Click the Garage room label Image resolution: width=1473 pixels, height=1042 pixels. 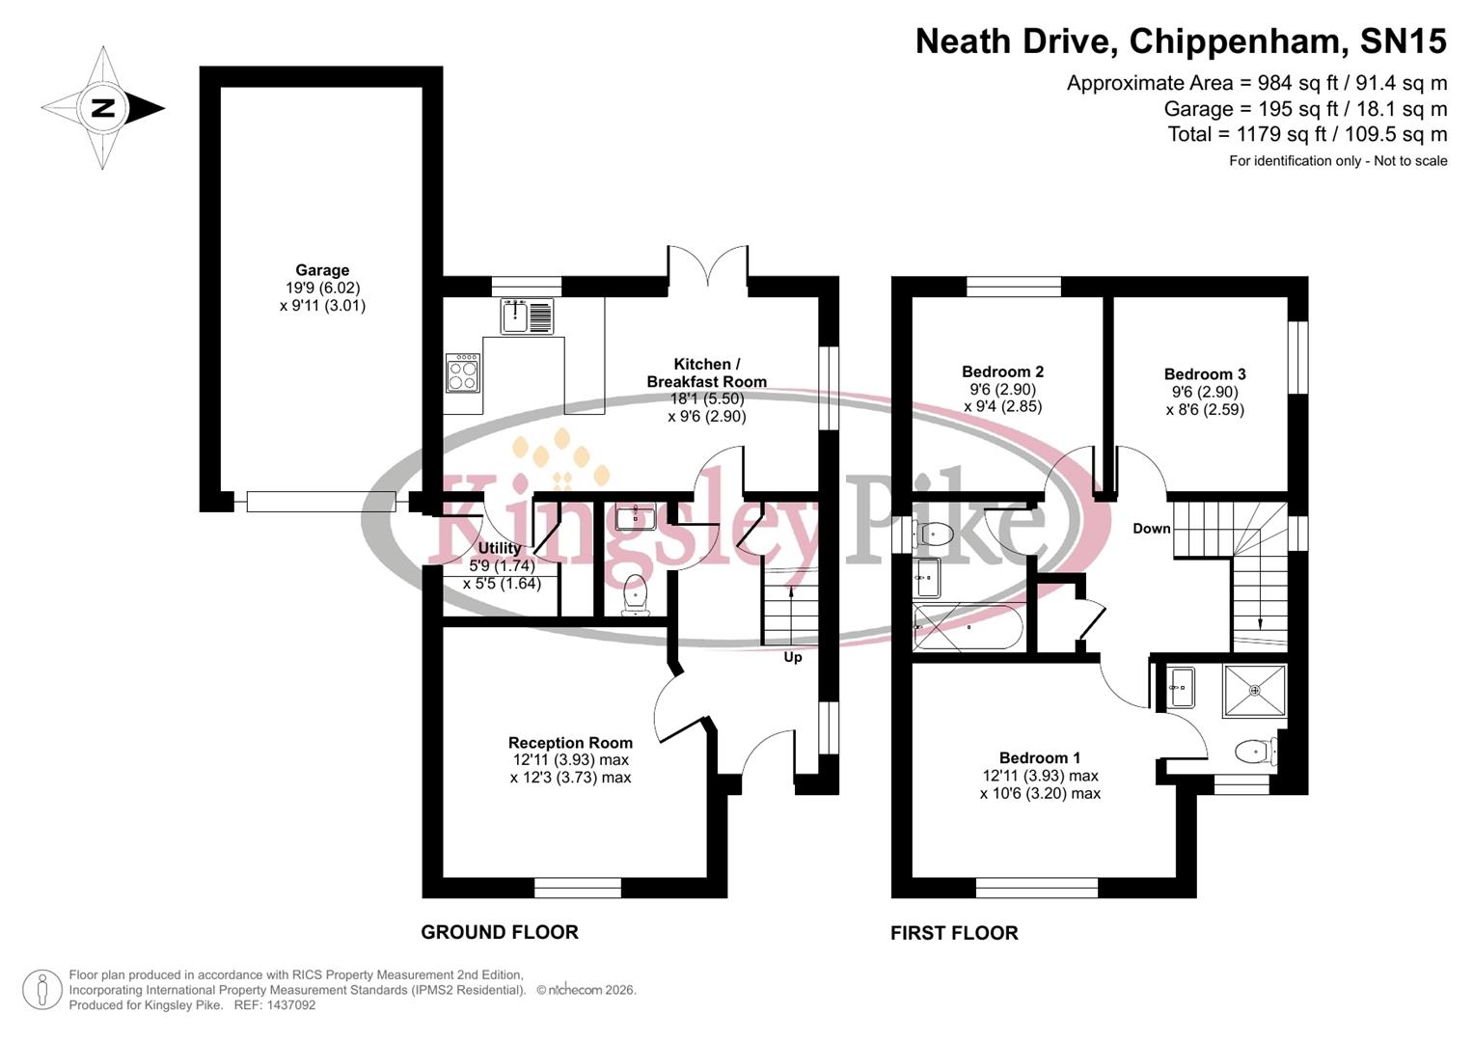[322, 271]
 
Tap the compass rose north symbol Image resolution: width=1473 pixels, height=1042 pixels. [102, 108]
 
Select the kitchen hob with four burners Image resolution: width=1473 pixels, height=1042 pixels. [462, 373]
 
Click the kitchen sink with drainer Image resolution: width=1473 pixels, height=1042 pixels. [527, 315]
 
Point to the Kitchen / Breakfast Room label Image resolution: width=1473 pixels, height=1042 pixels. [706, 372]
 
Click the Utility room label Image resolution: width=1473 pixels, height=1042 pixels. [500, 548]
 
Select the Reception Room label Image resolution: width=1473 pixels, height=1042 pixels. [570, 743]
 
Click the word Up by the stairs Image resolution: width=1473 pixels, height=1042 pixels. [792, 657]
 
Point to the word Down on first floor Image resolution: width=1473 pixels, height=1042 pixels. [1151, 529]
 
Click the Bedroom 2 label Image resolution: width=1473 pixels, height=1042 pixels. [1002, 371]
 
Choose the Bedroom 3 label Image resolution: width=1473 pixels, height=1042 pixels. [1204, 374]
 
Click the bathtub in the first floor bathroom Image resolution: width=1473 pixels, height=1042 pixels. [968, 627]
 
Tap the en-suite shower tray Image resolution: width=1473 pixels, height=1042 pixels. [1254, 690]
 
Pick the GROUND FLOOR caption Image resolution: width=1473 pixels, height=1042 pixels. [500, 932]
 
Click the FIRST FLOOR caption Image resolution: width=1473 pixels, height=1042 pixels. [954, 933]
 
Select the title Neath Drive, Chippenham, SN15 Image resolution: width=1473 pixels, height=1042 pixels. [1181, 41]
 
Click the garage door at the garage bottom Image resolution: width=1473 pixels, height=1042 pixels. [320, 502]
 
